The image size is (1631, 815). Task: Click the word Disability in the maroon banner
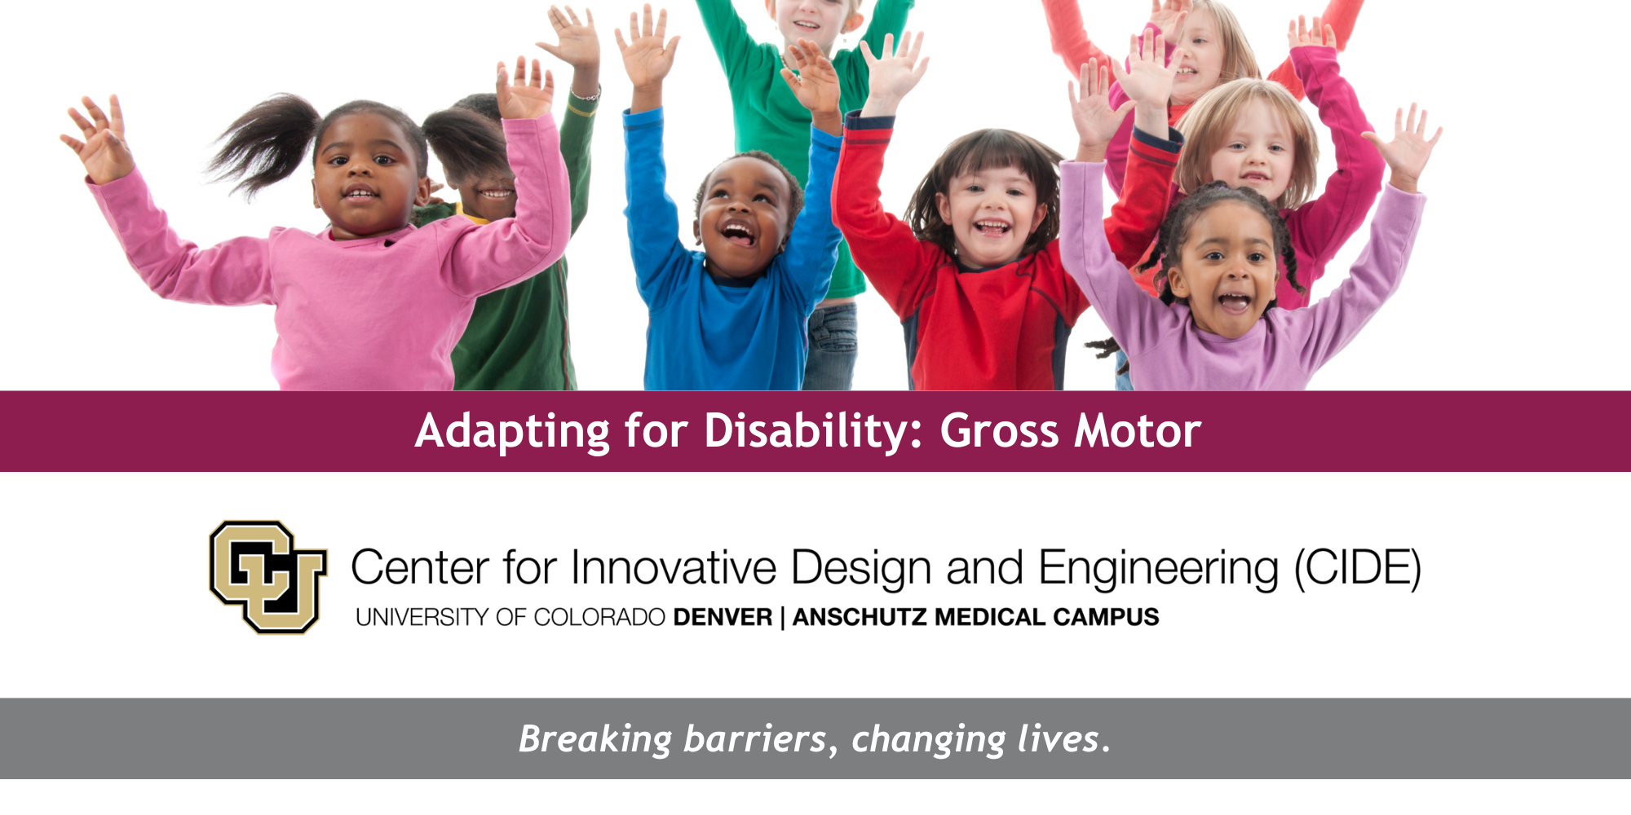(813, 432)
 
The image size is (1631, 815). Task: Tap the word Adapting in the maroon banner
(512, 432)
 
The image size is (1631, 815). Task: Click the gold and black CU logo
(267, 577)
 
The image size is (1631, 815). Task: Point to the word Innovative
(674, 567)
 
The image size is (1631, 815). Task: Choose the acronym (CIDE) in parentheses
(1359, 568)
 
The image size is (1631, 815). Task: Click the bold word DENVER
(723, 617)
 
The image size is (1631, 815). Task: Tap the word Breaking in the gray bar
(595, 740)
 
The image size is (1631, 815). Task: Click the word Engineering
(1159, 569)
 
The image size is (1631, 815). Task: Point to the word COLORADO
(599, 617)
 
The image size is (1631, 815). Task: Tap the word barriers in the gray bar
(755, 739)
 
